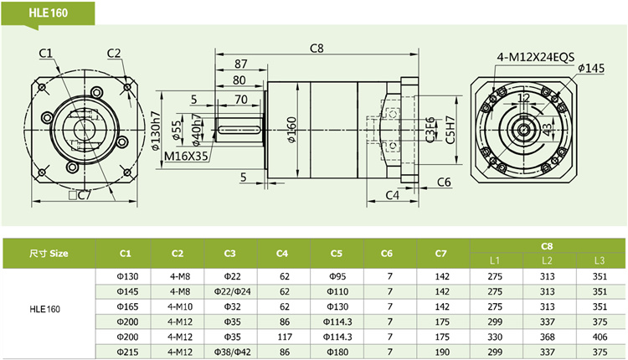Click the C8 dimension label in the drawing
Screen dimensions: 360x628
point(316,48)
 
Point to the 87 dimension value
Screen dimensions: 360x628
point(240,64)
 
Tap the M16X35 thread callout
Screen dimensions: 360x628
point(186,156)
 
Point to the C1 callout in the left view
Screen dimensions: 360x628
point(46,54)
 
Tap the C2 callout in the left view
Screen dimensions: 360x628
point(115,54)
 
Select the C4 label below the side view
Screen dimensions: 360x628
point(392,195)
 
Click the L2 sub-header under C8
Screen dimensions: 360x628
point(547,260)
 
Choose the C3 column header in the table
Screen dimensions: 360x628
point(229,253)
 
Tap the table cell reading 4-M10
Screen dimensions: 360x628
point(178,306)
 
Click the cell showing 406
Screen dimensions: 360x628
point(599,337)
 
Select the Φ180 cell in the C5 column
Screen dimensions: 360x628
point(337,352)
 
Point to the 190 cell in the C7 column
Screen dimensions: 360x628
point(442,352)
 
